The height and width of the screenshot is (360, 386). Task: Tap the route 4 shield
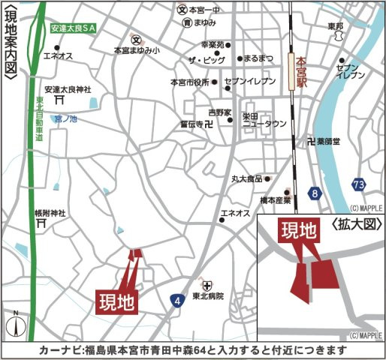[177, 301]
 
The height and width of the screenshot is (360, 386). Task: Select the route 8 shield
[314, 194]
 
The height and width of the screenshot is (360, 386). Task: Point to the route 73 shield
[359, 184]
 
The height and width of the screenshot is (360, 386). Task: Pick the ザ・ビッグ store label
[207, 59]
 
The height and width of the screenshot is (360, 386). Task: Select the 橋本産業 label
[275, 202]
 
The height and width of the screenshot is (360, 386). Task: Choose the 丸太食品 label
[246, 179]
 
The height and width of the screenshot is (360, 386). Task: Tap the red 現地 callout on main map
[116, 302]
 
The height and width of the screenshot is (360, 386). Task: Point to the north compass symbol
[17, 325]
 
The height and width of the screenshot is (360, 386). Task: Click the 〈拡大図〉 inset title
[349, 224]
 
